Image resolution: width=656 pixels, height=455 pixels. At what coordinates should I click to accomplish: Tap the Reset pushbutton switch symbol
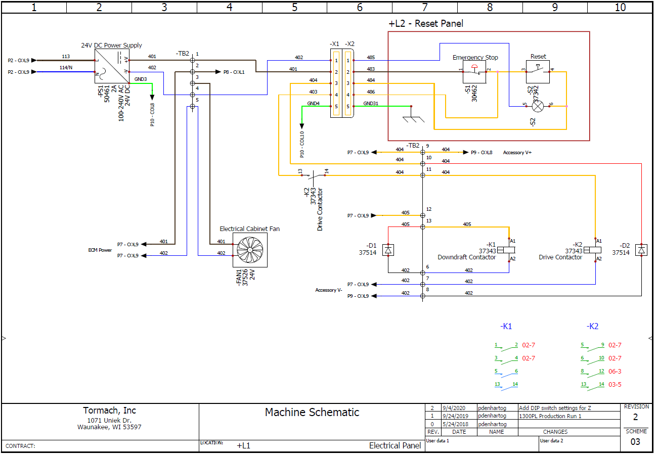(538, 72)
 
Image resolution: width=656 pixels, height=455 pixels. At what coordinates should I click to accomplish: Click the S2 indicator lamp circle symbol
(539, 106)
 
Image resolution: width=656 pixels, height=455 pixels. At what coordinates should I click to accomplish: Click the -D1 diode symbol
(388, 250)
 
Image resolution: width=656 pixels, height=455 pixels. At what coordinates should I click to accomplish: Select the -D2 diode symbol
(641, 250)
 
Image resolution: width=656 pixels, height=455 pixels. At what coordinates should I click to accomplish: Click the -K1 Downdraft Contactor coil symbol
(506, 250)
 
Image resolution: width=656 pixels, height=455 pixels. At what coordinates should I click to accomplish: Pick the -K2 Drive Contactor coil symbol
(593, 250)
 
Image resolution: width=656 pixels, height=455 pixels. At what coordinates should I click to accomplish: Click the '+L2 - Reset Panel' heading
(425, 24)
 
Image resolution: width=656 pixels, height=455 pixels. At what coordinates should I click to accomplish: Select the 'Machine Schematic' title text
(312, 413)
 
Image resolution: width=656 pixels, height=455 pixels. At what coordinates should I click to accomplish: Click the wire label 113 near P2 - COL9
(66, 56)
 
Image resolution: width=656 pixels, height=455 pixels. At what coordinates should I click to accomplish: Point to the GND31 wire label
(370, 103)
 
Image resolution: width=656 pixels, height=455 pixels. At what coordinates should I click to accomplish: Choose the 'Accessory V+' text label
(517, 152)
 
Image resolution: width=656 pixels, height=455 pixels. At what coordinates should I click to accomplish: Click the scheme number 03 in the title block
(635, 442)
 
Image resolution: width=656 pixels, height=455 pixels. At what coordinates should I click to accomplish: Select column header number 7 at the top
(425, 7)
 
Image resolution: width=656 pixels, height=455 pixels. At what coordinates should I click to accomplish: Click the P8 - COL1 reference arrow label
(234, 72)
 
